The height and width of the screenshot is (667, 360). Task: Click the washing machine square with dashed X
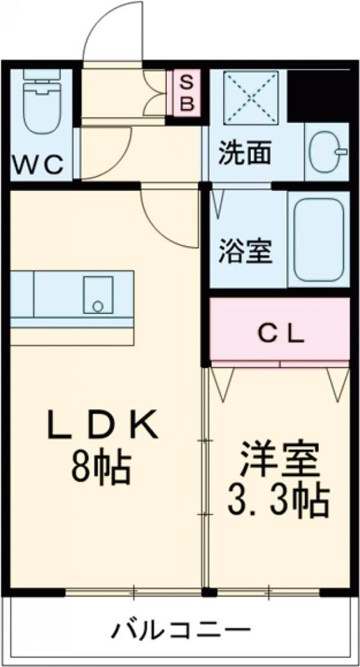(251, 97)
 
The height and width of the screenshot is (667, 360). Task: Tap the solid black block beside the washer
(319, 96)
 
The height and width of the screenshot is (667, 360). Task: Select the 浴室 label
(245, 252)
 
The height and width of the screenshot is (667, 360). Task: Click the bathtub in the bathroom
(318, 238)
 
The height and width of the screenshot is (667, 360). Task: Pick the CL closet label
(281, 335)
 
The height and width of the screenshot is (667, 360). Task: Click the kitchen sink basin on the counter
(98, 295)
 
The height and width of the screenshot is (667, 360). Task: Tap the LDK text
(103, 425)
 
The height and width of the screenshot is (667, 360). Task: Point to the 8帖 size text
(101, 468)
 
